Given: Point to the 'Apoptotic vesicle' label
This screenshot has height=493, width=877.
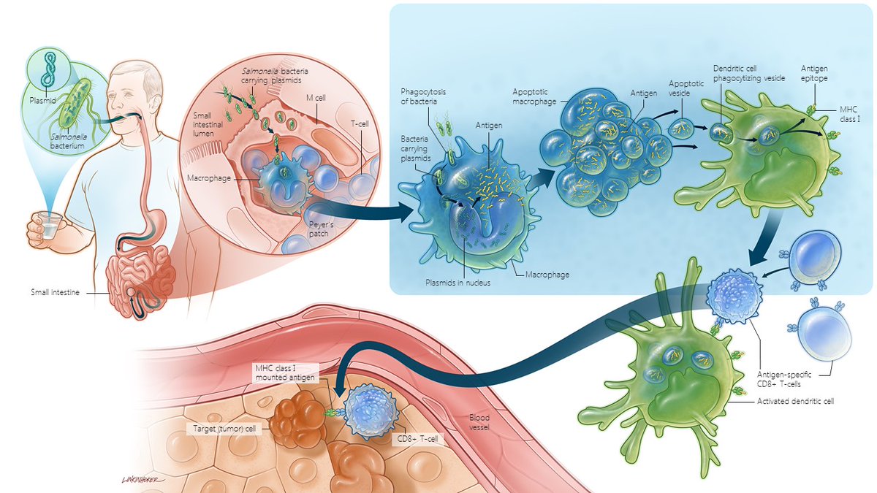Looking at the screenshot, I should (x=686, y=89).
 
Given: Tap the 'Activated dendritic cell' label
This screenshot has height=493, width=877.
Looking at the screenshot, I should (x=797, y=401).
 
